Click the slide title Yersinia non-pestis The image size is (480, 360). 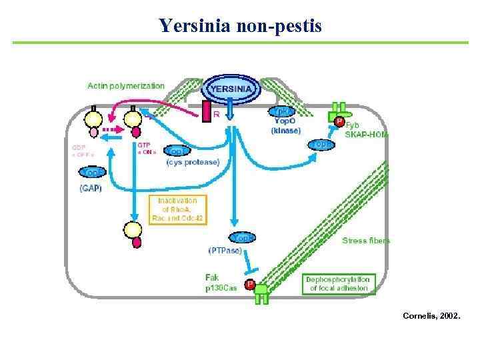tap(240, 26)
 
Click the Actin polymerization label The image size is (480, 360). tap(126, 86)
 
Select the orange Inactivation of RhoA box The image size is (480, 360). tap(177, 209)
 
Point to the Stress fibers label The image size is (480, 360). tap(366, 240)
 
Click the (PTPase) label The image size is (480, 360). tap(225, 251)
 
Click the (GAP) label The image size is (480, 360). tap(91, 188)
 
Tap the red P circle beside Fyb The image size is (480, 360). tap(339, 122)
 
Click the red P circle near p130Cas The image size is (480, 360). tap(250, 285)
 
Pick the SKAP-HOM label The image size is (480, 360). tap(366, 134)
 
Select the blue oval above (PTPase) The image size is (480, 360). tap(243, 238)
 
